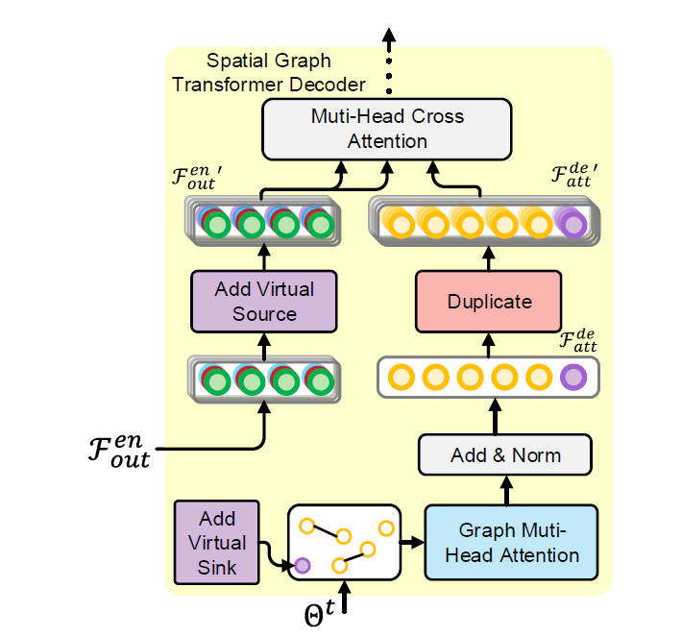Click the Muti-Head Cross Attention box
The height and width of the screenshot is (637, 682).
[387, 129]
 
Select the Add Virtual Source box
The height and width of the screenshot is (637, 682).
[264, 300]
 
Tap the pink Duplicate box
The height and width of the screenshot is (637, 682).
[489, 301]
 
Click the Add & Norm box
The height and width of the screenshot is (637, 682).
[505, 454]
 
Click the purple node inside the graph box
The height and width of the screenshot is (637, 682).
[304, 566]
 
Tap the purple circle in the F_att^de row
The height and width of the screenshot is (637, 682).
[573, 377]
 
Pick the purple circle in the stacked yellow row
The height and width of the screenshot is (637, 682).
[573, 224]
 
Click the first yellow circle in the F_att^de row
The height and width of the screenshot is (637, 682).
[397, 377]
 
